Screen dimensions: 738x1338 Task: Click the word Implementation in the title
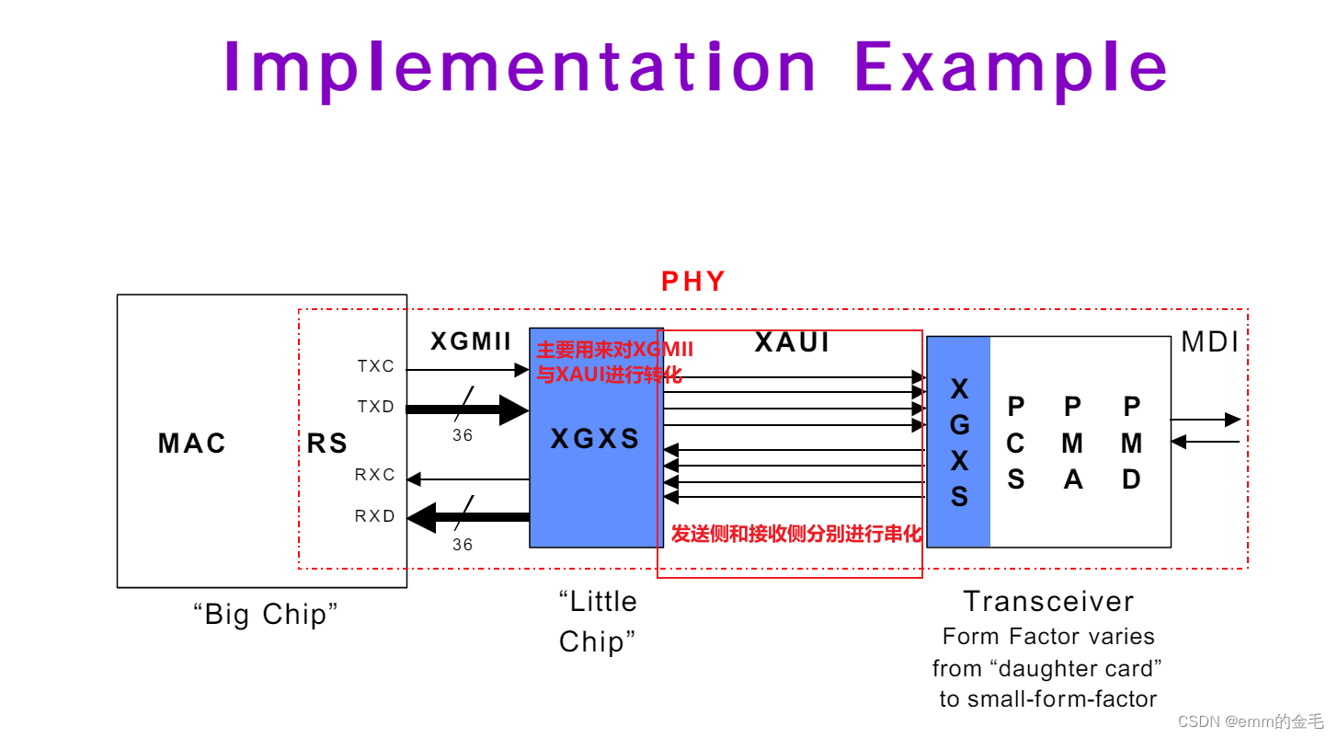coord(520,67)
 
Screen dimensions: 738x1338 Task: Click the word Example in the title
coord(1011,67)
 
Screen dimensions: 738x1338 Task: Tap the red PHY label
coord(693,282)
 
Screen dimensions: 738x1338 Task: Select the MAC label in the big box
coord(192,444)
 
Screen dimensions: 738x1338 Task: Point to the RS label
coord(327,444)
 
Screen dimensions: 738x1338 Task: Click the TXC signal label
coord(376,366)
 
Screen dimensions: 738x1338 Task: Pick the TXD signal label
coord(376,407)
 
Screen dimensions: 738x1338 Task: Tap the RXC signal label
coord(375,475)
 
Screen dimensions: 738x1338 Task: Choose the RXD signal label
coord(375,516)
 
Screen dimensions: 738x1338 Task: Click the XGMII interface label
coord(471,342)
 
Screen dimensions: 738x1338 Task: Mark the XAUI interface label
coord(792,342)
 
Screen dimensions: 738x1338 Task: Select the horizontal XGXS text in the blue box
coord(595,439)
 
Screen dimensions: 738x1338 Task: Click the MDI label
coord(1210,342)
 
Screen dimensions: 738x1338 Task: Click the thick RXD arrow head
coord(421,517)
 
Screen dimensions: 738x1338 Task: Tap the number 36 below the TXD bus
coord(463,435)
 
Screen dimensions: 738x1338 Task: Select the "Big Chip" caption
coord(266,614)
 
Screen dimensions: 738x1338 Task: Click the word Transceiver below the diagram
coord(1048,602)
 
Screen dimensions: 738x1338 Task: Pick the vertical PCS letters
coord(1015,444)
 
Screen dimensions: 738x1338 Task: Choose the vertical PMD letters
coord(1132,444)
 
